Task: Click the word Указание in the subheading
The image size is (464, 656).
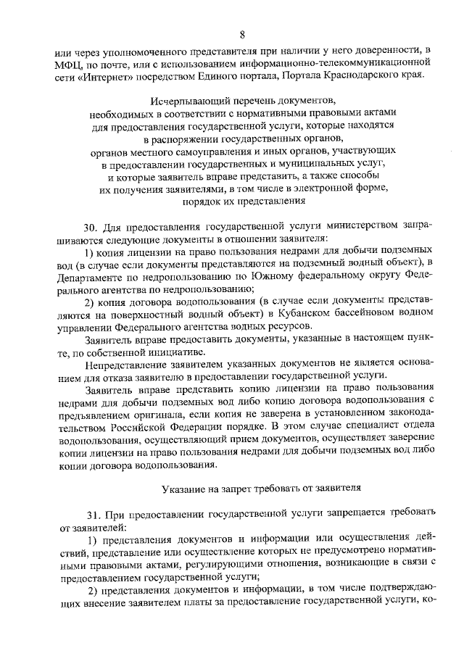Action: coord(183,485)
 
